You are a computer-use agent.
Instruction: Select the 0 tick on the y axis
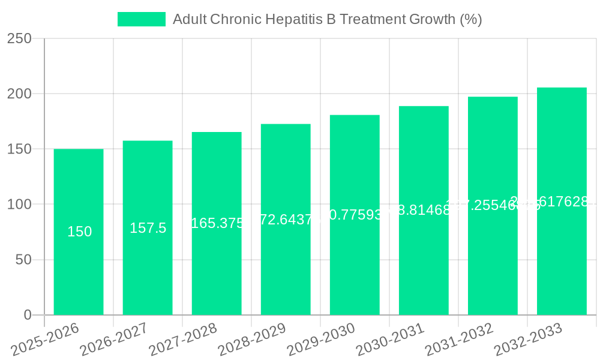coord(28,315)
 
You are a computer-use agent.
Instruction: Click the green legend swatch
coord(141,19)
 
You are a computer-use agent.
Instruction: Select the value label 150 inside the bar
coord(79,232)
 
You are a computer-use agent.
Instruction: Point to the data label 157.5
coord(148,228)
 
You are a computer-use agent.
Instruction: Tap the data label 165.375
coord(217,223)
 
